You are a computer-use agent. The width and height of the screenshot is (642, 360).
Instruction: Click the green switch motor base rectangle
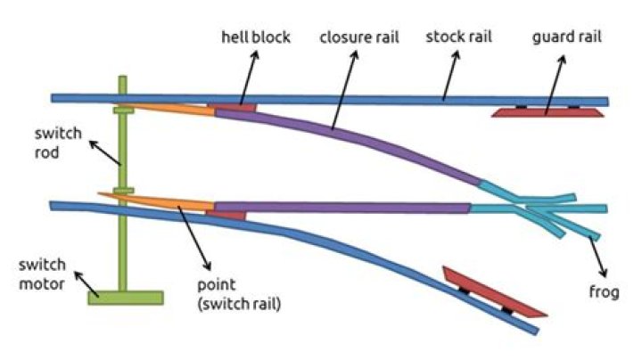(125, 298)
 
